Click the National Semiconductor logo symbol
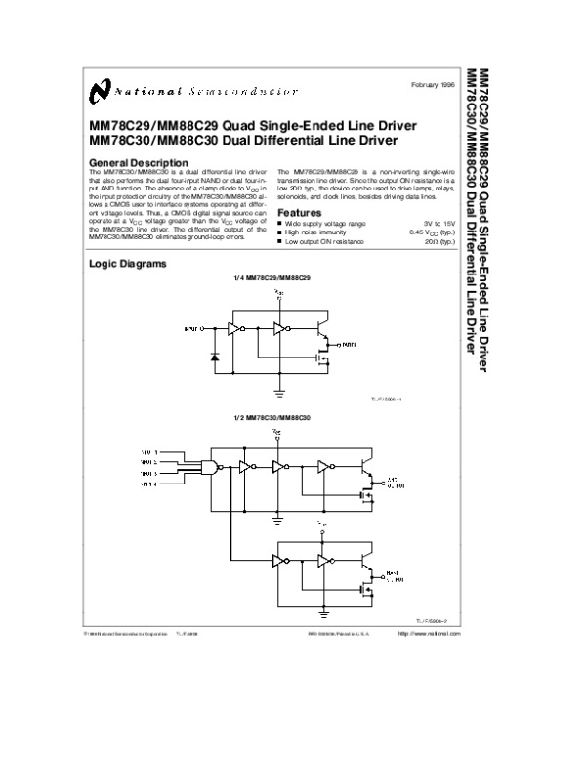(x=96, y=91)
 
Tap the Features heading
(x=299, y=213)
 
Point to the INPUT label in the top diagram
(x=191, y=329)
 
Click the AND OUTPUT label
(x=396, y=482)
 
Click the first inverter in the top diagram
(x=234, y=329)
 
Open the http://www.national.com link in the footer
(x=429, y=635)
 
